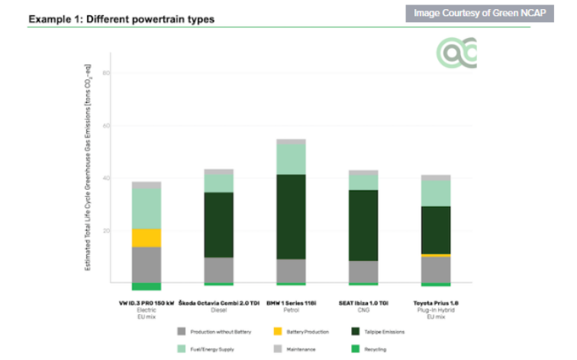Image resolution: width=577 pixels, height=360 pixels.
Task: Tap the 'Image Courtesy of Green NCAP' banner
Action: [479, 13]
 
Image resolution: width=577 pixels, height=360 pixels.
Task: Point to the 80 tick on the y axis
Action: [107, 73]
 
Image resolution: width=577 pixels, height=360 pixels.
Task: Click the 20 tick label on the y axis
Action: [107, 230]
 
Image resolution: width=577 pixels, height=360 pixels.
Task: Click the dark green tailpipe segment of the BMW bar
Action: [291, 217]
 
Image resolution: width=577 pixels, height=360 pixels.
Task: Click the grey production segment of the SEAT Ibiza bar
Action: [363, 272]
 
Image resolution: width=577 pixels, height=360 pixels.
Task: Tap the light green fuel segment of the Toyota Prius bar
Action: [435, 192]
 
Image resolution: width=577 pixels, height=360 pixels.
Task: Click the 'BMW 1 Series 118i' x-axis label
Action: [292, 303]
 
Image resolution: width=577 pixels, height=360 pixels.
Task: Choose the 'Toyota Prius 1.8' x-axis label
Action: [436, 303]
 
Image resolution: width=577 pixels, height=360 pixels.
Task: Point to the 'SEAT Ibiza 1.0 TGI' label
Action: [363, 303]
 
